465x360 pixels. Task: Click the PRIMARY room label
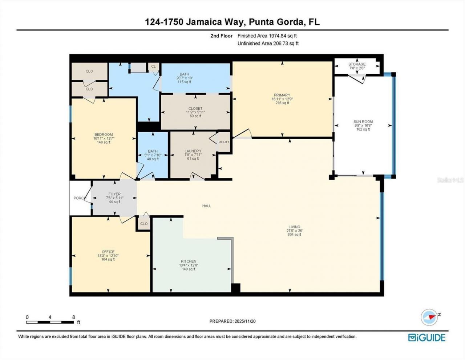click(x=282, y=95)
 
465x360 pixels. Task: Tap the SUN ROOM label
click(x=363, y=122)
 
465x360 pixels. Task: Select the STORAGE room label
click(x=357, y=64)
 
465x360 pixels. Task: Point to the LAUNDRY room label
click(x=193, y=151)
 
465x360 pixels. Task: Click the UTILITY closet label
click(x=224, y=142)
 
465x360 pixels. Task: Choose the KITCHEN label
click(x=189, y=261)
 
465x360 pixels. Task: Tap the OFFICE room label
click(x=108, y=252)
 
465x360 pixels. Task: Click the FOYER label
click(x=114, y=194)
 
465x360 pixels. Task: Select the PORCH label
click(x=79, y=198)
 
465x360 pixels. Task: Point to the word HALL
click(x=207, y=206)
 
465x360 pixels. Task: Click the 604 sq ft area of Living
click(x=294, y=235)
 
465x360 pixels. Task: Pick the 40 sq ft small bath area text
click(x=153, y=159)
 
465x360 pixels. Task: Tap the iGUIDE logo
click(x=426, y=337)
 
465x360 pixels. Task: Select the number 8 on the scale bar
click(x=74, y=317)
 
